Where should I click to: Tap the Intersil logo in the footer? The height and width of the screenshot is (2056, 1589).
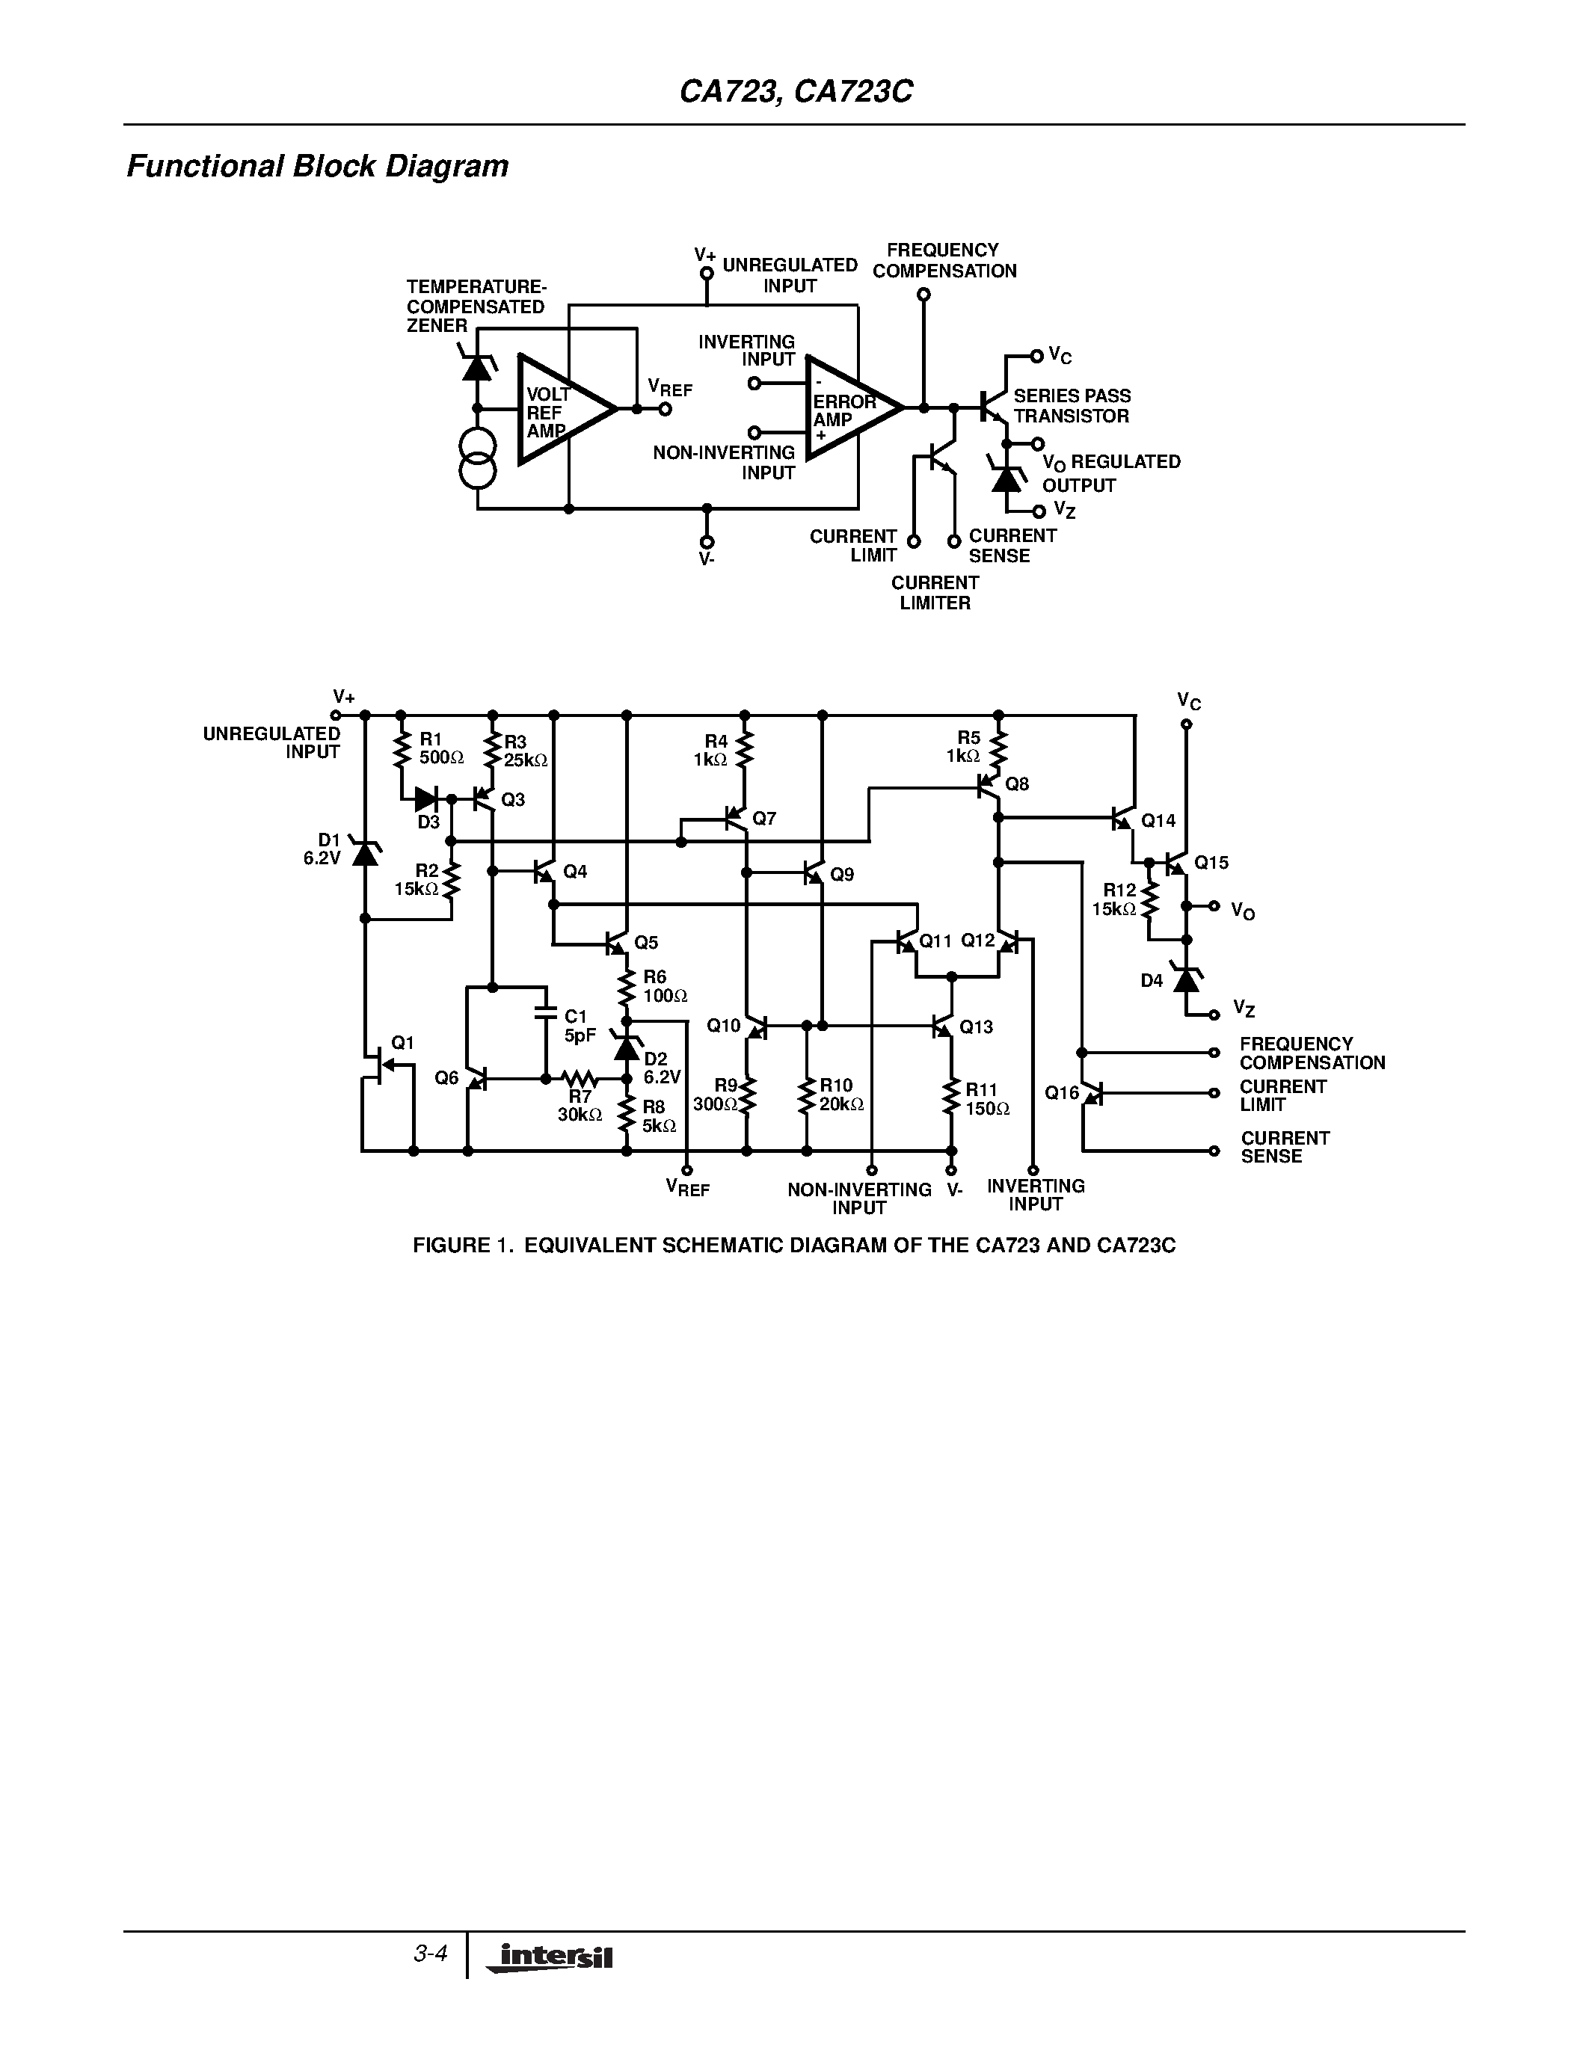click(550, 1957)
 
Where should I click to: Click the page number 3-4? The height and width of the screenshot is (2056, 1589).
click(429, 1954)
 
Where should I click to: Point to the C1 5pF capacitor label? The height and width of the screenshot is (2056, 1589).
click(578, 1026)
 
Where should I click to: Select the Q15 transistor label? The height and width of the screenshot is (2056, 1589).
click(1211, 862)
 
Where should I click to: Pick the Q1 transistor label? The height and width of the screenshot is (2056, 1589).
click(402, 1042)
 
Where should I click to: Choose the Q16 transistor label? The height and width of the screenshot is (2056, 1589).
click(1061, 1093)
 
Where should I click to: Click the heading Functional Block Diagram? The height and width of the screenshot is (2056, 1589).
click(317, 167)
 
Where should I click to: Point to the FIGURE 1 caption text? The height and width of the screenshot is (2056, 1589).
click(793, 1246)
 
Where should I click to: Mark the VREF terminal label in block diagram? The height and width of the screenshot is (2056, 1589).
click(669, 389)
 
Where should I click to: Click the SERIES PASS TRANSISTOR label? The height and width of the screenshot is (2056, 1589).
click(1072, 406)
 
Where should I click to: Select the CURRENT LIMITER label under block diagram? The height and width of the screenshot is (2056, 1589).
click(934, 593)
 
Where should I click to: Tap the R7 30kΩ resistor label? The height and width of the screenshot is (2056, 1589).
click(579, 1107)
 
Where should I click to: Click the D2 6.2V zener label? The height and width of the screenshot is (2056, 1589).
click(661, 1068)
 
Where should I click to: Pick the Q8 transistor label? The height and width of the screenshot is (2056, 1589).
click(1017, 784)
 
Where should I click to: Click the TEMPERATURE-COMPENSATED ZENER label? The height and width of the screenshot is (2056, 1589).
click(476, 306)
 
